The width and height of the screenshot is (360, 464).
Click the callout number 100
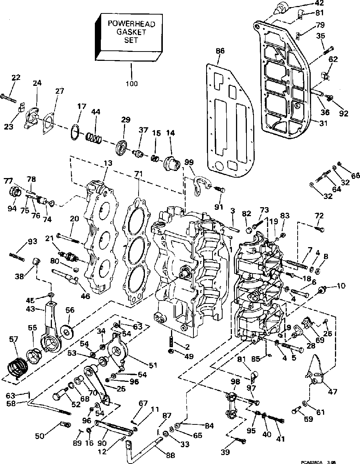131,83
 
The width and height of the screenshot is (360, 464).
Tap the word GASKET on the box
131,32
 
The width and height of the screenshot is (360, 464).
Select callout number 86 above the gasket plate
220,51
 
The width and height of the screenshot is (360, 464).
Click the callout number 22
16,78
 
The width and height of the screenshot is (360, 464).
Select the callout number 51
152,365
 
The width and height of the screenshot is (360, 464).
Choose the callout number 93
32,242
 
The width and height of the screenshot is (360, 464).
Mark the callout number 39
225,452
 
